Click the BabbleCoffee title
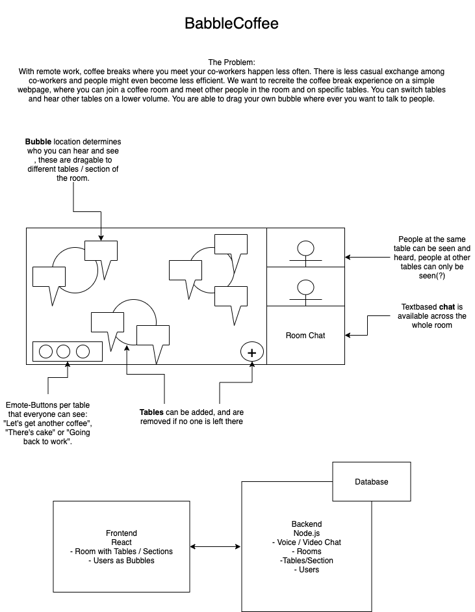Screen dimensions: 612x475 pos(231,24)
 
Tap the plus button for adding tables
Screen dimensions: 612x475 pos(252,352)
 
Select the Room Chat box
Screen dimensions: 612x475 pos(305,336)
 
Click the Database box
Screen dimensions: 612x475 pos(371,481)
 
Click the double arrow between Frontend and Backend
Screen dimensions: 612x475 pos(216,546)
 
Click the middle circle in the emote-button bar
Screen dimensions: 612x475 pos(63,352)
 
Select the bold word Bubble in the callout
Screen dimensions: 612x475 pos(38,142)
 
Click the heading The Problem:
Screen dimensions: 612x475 pos(231,61)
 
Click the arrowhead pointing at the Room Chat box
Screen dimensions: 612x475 pos(348,336)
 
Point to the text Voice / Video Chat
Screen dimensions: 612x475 pos(307,542)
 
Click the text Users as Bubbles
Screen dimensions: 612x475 pos(121,560)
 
